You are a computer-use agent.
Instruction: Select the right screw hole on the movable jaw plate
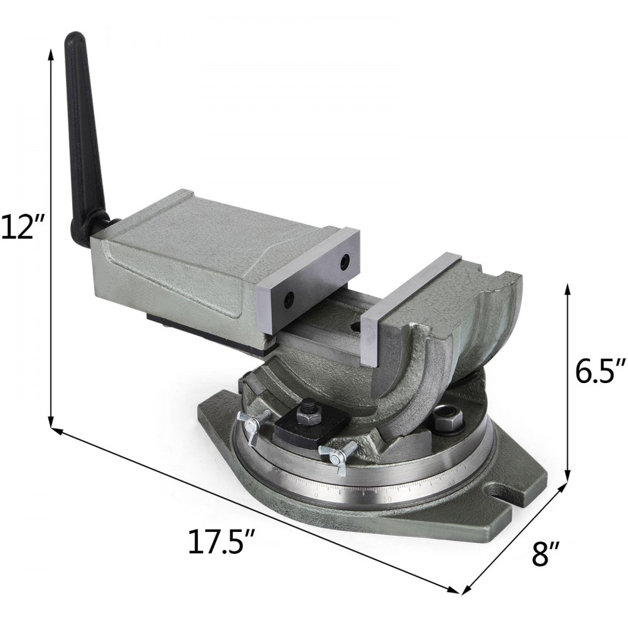344,259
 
